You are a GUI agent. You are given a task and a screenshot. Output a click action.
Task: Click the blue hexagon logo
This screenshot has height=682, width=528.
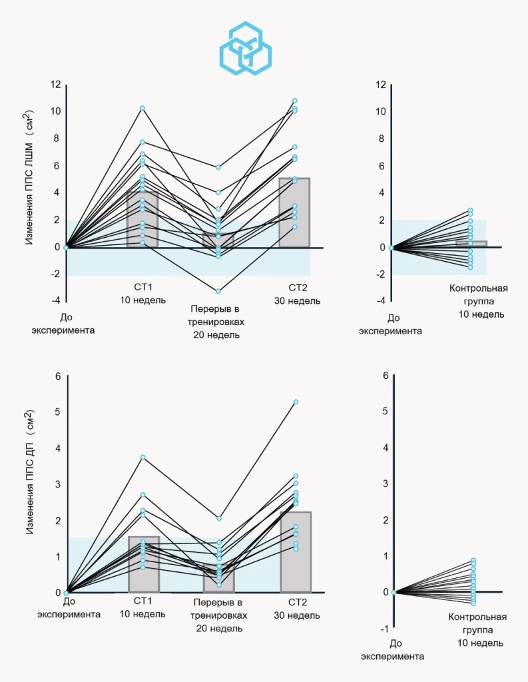[x=246, y=48]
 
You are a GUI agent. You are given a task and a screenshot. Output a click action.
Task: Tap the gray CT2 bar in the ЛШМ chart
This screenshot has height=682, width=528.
[x=295, y=212]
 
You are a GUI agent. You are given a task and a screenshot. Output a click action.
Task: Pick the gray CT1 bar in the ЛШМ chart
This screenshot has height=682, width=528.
[x=142, y=220]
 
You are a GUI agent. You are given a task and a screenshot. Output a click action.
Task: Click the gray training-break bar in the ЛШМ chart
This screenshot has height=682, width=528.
[x=218, y=241]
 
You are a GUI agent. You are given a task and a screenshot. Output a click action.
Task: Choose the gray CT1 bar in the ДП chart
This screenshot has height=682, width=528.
[x=143, y=564]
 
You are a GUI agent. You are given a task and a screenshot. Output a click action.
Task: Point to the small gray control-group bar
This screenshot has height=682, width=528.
[x=471, y=244]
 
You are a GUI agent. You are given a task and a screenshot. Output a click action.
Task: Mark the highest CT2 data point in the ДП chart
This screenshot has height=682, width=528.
[x=296, y=402]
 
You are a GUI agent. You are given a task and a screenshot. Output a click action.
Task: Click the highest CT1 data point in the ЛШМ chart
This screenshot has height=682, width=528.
[x=142, y=108]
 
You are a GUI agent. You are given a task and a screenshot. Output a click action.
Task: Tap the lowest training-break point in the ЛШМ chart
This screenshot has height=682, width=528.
[x=218, y=291]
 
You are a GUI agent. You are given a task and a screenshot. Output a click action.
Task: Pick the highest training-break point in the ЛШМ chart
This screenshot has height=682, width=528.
[x=218, y=167]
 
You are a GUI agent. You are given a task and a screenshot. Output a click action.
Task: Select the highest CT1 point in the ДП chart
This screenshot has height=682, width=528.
[x=143, y=458]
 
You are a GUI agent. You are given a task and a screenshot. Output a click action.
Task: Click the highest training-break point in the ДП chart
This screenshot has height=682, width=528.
[x=219, y=518]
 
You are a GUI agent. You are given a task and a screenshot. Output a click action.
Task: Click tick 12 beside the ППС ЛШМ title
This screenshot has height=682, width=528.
[x=55, y=85]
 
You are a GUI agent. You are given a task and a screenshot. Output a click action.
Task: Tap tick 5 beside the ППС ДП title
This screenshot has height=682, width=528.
[x=57, y=412]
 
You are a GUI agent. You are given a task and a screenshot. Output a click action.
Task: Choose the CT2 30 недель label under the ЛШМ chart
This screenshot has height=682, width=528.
[x=296, y=294]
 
